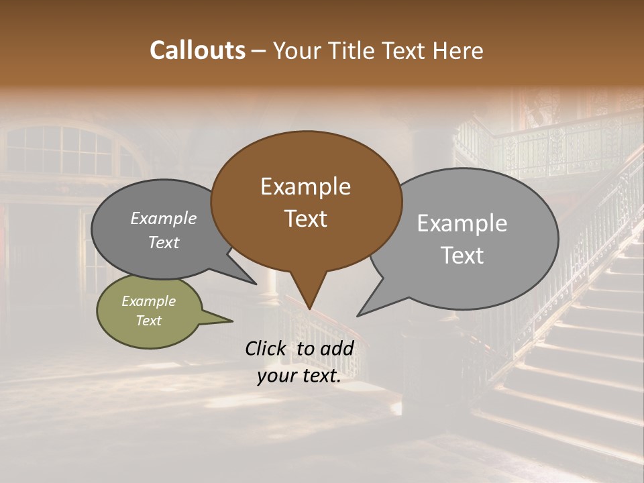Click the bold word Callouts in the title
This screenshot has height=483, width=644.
(197, 50)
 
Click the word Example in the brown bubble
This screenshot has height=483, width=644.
(305, 186)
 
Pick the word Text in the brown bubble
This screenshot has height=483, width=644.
(305, 219)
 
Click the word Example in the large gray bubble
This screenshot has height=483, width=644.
(462, 223)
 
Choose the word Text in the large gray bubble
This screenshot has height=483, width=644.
(462, 256)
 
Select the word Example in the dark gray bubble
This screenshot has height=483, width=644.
(163, 218)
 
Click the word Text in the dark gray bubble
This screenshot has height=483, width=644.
(163, 242)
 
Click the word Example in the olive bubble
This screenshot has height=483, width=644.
(148, 301)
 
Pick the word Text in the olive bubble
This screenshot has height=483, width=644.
(148, 321)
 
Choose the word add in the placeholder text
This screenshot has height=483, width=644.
(337, 348)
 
